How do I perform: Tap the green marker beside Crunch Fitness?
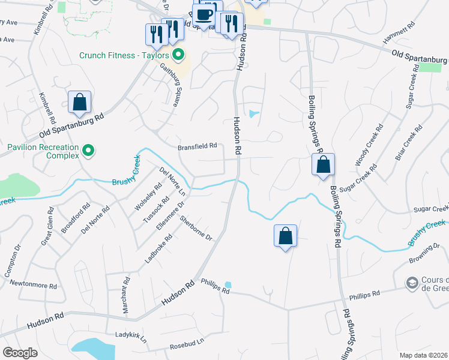click(178, 56)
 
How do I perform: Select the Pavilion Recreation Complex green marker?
click(89, 150)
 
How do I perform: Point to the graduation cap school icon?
click(412, 282)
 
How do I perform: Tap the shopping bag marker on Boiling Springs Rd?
click(323, 164)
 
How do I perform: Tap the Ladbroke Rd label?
click(158, 249)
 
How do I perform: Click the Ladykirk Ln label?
click(130, 337)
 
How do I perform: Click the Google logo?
click(20, 353)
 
